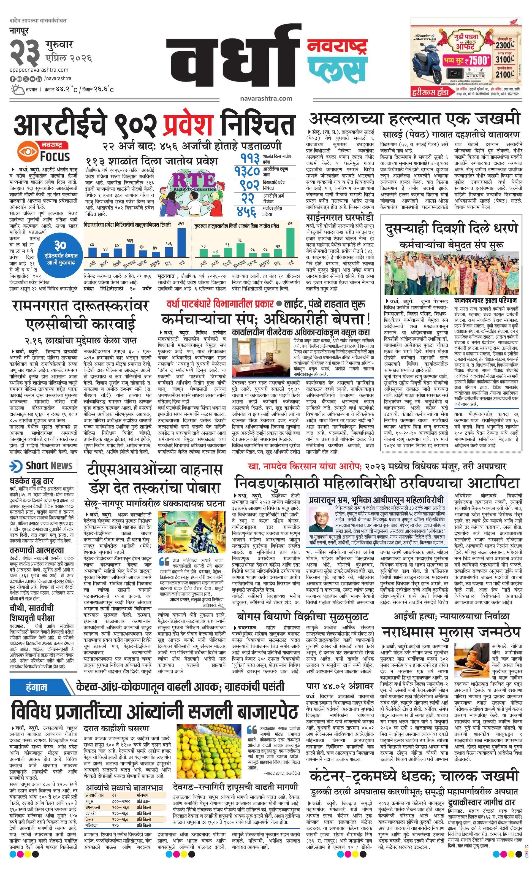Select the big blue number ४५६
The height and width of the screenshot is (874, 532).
(248, 212)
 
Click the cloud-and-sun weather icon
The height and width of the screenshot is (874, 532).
(17, 89)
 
